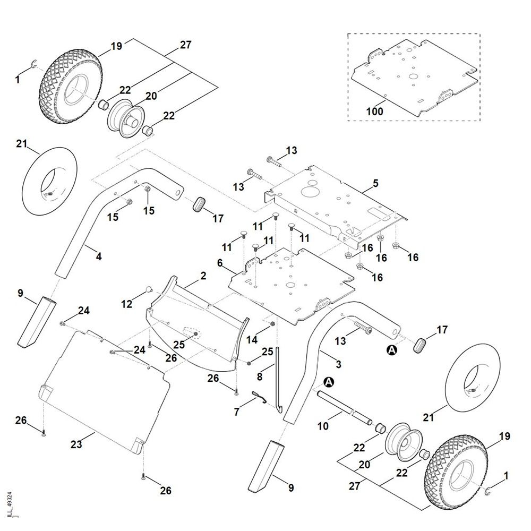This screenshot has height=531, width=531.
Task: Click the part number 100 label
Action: tap(374, 112)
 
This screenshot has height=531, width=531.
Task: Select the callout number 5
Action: tap(375, 184)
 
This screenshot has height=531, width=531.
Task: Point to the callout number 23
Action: tap(76, 444)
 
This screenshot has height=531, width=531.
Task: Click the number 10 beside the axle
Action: tap(322, 426)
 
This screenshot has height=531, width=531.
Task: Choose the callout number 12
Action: tap(126, 304)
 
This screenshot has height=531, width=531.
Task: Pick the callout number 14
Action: tap(252, 338)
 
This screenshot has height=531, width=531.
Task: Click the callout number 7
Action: tap(237, 411)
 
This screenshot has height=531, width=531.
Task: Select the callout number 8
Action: tap(260, 376)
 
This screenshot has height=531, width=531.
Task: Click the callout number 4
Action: tap(98, 256)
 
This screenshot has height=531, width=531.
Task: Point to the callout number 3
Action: tap(338, 364)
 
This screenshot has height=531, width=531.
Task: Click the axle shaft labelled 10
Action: tap(345, 406)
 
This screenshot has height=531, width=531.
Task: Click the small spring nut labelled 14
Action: tap(272, 324)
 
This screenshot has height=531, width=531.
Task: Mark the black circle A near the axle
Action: tap(329, 382)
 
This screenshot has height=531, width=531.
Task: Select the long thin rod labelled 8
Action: tap(277, 382)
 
